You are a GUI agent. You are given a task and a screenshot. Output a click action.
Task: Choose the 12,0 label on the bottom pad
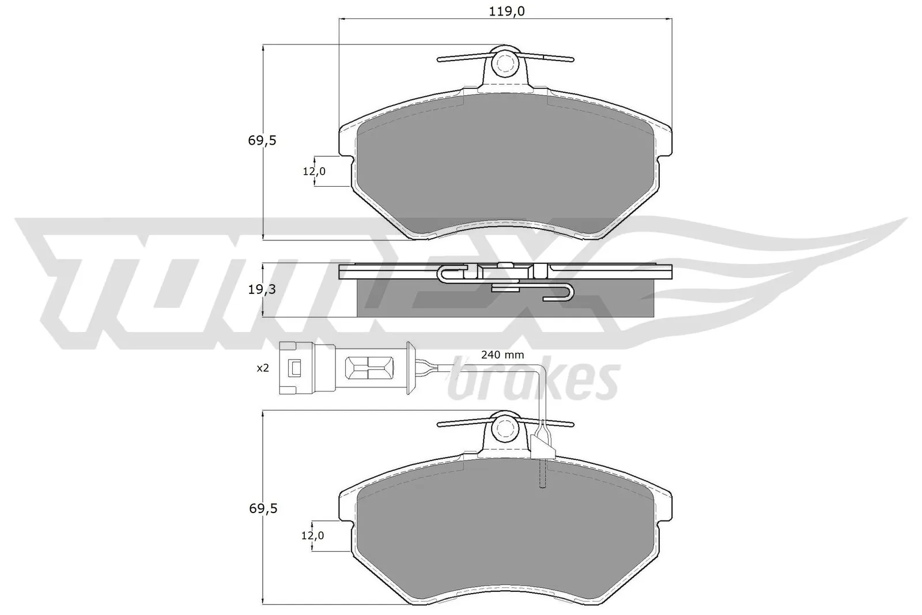point(312,536)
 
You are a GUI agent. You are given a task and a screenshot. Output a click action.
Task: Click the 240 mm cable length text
point(502,355)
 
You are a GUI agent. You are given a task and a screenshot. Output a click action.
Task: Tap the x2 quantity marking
point(263,368)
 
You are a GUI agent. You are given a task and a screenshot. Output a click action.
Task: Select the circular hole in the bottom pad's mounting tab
point(505,428)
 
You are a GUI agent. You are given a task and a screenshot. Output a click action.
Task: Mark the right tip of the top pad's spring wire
point(572,59)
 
